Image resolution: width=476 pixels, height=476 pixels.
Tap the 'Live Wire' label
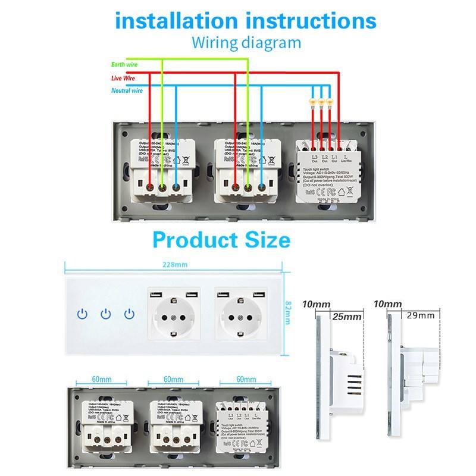click(124, 77)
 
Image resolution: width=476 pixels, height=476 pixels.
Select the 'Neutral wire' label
click(127, 90)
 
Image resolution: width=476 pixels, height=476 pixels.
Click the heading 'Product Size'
click(221, 240)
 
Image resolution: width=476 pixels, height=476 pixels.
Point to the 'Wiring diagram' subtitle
click(246, 43)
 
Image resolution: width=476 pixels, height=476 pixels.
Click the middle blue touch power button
click(106, 313)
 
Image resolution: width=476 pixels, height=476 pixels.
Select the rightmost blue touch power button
click(129, 313)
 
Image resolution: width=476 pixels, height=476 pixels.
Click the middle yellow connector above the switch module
click(322, 104)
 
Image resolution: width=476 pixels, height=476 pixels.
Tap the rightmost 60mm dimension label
click(246, 379)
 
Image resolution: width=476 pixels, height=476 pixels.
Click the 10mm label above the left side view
click(316, 305)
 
